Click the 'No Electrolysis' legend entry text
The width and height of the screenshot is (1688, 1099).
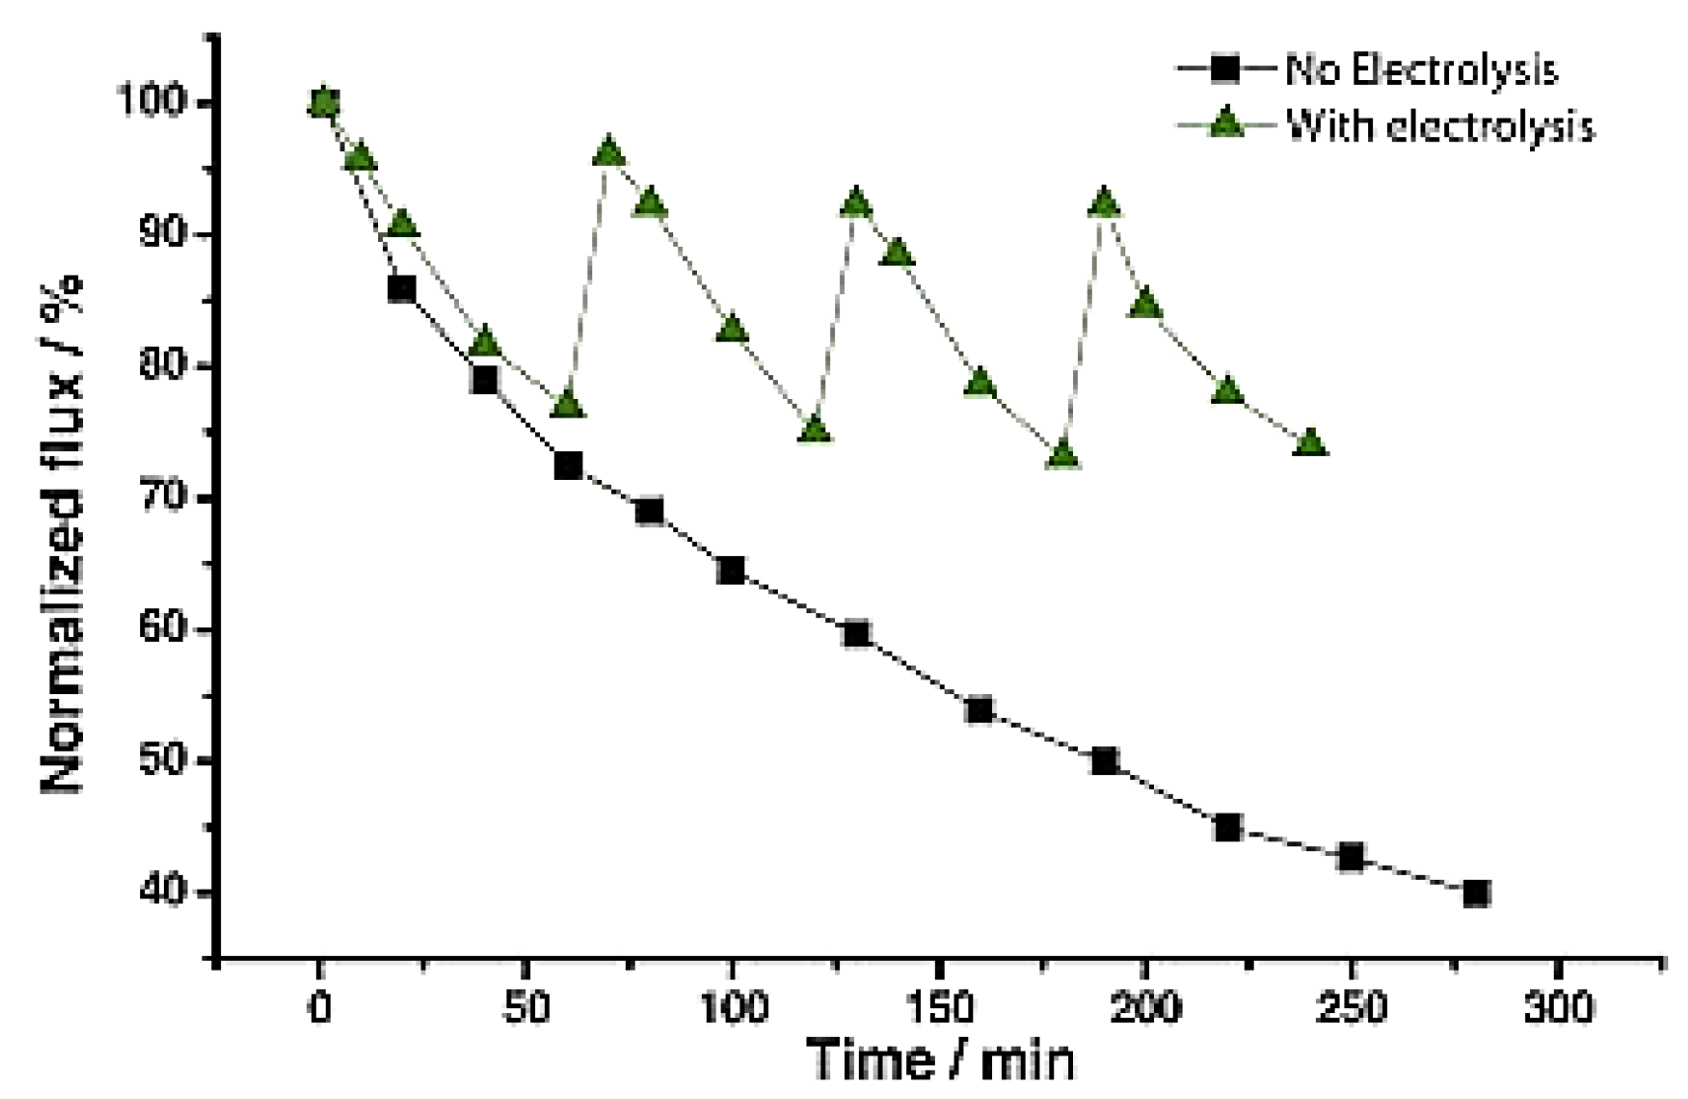click(x=1420, y=70)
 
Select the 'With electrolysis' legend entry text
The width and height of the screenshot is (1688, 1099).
click(x=1440, y=126)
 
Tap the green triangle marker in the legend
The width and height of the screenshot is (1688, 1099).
click(x=1226, y=124)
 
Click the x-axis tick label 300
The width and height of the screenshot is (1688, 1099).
click(x=1558, y=1008)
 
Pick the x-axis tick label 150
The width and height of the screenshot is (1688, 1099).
click(x=939, y=1008)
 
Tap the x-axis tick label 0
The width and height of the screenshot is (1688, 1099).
click(x=319, y=1008)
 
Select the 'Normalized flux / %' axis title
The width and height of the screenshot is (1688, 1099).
click(x=62, y=533)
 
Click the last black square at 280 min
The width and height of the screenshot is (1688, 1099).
click(x=1476, y=894)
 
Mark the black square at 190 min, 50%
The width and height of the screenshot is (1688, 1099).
click(x=1105, y=761)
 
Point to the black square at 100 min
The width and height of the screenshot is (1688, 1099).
click(x=731, y=570)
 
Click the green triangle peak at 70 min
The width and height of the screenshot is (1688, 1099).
click(x=608, y=153)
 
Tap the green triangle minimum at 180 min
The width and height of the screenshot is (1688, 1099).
click(x=1063, y=455)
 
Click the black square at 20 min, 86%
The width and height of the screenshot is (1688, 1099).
click(x=401, y=288)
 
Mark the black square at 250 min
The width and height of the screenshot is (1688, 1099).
click(x=1350, y=857)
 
